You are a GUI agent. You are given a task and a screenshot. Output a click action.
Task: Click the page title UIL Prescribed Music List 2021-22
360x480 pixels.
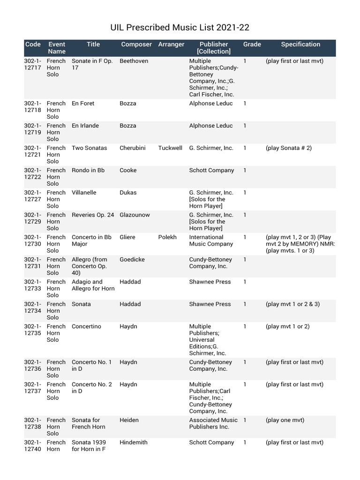(180, 28)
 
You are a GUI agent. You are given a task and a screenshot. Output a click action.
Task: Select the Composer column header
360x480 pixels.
(136, 45)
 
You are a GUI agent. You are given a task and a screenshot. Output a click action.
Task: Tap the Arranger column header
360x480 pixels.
(171, 45)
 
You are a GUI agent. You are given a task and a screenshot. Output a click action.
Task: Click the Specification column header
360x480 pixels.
(300, 45)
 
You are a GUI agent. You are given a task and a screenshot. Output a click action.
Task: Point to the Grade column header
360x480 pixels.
(252, 45)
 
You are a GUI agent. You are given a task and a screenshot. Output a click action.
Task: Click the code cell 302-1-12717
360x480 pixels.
(33, 64)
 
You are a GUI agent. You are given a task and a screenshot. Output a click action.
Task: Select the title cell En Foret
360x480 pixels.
(83, 104)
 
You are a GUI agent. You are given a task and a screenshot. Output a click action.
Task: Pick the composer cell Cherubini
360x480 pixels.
(133, 148)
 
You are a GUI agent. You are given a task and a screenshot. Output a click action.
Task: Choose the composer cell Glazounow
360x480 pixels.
(135, 215)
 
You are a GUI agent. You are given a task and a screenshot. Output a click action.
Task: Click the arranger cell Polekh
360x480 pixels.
(167, 237)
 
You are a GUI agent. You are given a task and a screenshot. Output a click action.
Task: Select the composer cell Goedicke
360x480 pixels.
(133, 260)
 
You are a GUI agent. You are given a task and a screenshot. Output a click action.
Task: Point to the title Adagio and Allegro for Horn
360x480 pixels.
(93, 285)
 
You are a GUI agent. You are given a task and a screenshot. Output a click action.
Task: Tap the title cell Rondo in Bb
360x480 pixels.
(88, 171)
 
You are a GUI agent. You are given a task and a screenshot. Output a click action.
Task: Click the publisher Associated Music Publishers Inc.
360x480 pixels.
(213, 423)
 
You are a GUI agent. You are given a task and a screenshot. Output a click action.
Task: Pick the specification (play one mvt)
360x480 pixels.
(285, 420)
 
